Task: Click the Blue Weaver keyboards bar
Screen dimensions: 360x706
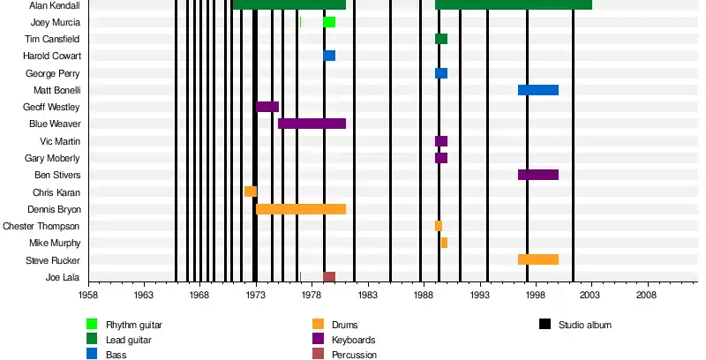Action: [x=312, y=124]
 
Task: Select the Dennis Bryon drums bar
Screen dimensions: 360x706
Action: [x=300, y=209]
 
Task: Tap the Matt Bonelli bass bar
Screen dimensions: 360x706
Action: [x=537, y=90]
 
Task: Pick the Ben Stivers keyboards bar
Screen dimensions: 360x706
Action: [x=537, y=175]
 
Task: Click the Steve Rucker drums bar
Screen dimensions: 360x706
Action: [x=537, y=259]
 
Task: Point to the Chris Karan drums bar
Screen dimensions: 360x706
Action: [x=251, y=191]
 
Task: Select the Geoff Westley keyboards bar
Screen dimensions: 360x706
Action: [x=267, y=107]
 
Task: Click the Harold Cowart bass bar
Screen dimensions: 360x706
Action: [x=329, y=56]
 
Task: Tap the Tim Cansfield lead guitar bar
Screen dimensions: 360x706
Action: [x=441, y=39]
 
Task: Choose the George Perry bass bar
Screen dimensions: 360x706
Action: [x=441, y=73]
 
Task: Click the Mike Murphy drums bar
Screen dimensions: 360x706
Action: [x=444, y=243]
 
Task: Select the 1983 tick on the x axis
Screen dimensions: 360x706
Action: [x=368, y=284]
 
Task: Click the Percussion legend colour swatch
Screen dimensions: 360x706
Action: [x=318, y=355]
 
